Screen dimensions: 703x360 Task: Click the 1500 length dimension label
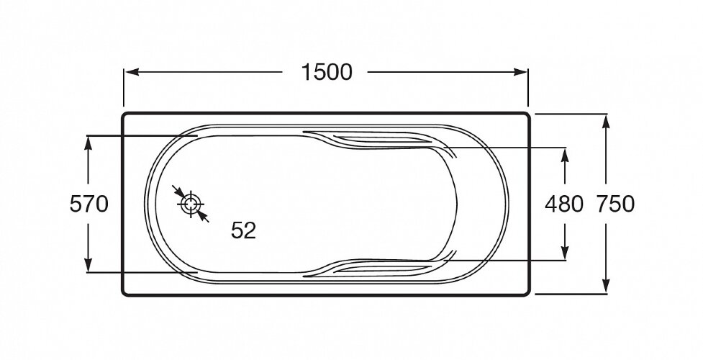click(327, 72)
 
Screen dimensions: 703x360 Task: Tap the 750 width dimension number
click(615, 204)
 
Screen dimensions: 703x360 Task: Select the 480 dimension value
click(564, 204)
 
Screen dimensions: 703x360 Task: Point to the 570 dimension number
click(89, 204)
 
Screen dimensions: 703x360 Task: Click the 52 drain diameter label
click(243, 230)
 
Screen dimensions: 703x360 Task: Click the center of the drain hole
click(191, 204)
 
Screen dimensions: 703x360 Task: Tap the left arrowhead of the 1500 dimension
click(132, 72)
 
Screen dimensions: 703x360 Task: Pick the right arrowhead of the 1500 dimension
click(520, 72)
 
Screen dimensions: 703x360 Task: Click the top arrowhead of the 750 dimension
click(606, 122)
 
